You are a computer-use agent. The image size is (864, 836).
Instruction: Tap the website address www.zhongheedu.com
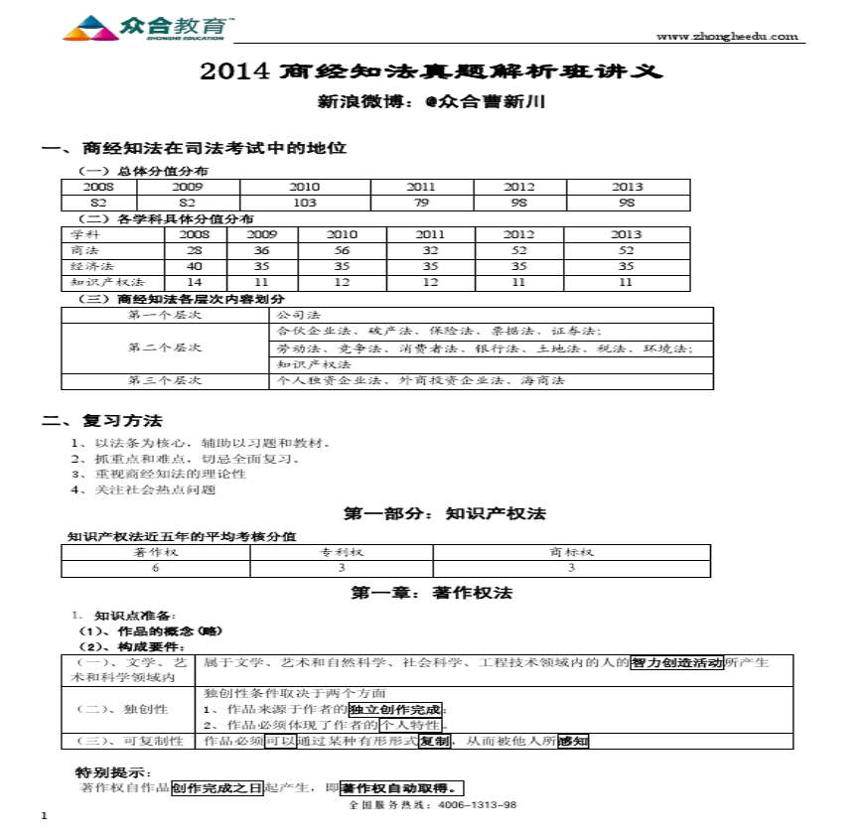[x=727, y=37]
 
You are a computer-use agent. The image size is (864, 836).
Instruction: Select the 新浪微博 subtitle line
[x=430, y=101]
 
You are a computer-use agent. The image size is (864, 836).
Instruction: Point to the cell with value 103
[x=304, y=203]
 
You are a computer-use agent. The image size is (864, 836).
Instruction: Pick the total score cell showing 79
[x=420, y=203]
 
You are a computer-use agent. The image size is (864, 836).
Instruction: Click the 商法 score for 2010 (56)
[x=342, y=251]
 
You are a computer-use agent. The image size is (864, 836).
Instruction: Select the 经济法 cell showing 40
[x=195, y=266]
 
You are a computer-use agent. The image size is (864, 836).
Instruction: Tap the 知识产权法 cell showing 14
[x=195, y=282]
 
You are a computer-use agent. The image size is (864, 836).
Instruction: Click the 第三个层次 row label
[x=165, y=380]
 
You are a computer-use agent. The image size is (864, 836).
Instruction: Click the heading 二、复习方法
[x=102, y=421]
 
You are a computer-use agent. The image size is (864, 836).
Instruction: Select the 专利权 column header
[x=342, y=552]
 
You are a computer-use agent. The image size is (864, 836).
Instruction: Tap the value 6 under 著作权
[x=155, y=568]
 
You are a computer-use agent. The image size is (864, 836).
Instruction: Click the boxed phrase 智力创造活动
[x=677, y=662]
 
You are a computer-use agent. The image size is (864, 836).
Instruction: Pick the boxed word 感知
[x=573, y=741]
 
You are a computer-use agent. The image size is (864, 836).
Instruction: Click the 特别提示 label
[x=114, y=772]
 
